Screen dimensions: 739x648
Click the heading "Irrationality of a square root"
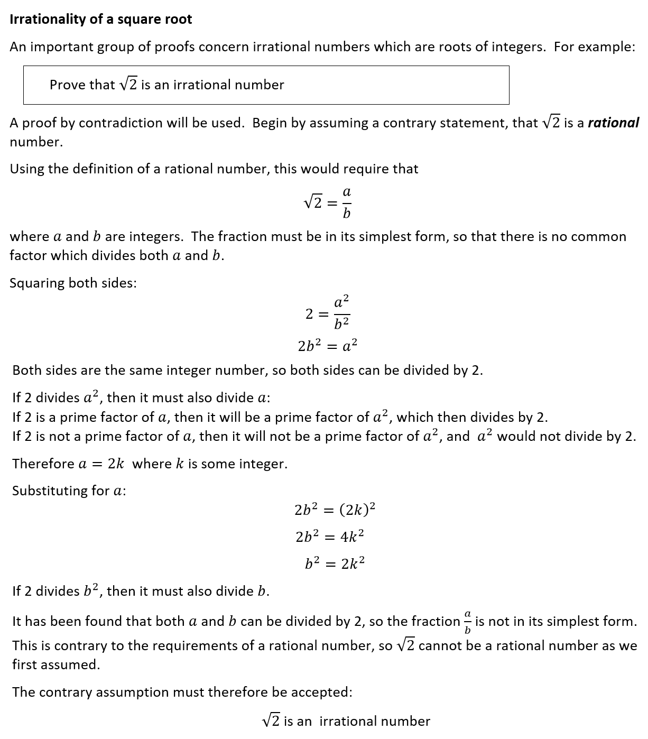pyautogui.click(x=100, y=20)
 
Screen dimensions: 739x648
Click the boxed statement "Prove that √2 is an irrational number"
pyautogui.click(x=166, y=85)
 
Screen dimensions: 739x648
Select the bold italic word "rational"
pyautogui.click(x=613, y=123)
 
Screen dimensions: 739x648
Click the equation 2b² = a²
pyautogui.click(x=327, y=346)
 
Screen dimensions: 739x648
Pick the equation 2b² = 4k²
pyautogui.click(x=330, y=537)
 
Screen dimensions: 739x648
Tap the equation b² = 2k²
pyautogui.click(x=335, y=564)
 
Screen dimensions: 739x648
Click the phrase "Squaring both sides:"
pyautogui.click(x=73, y=283)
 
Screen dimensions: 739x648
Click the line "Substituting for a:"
pyautogui.click(x=69, y=491)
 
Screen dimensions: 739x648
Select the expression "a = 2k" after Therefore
pyautogui.click(x=101, y=464)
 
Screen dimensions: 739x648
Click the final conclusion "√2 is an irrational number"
pyautogui.click(x=346, y=721)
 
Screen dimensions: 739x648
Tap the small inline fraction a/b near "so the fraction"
pyautogui.click(x=467, y=622)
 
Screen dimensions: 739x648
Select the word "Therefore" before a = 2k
pyautogui.click(x=43, y=464)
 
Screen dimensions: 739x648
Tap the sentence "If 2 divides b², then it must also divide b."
pyautogui.click(x=141, y=591)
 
